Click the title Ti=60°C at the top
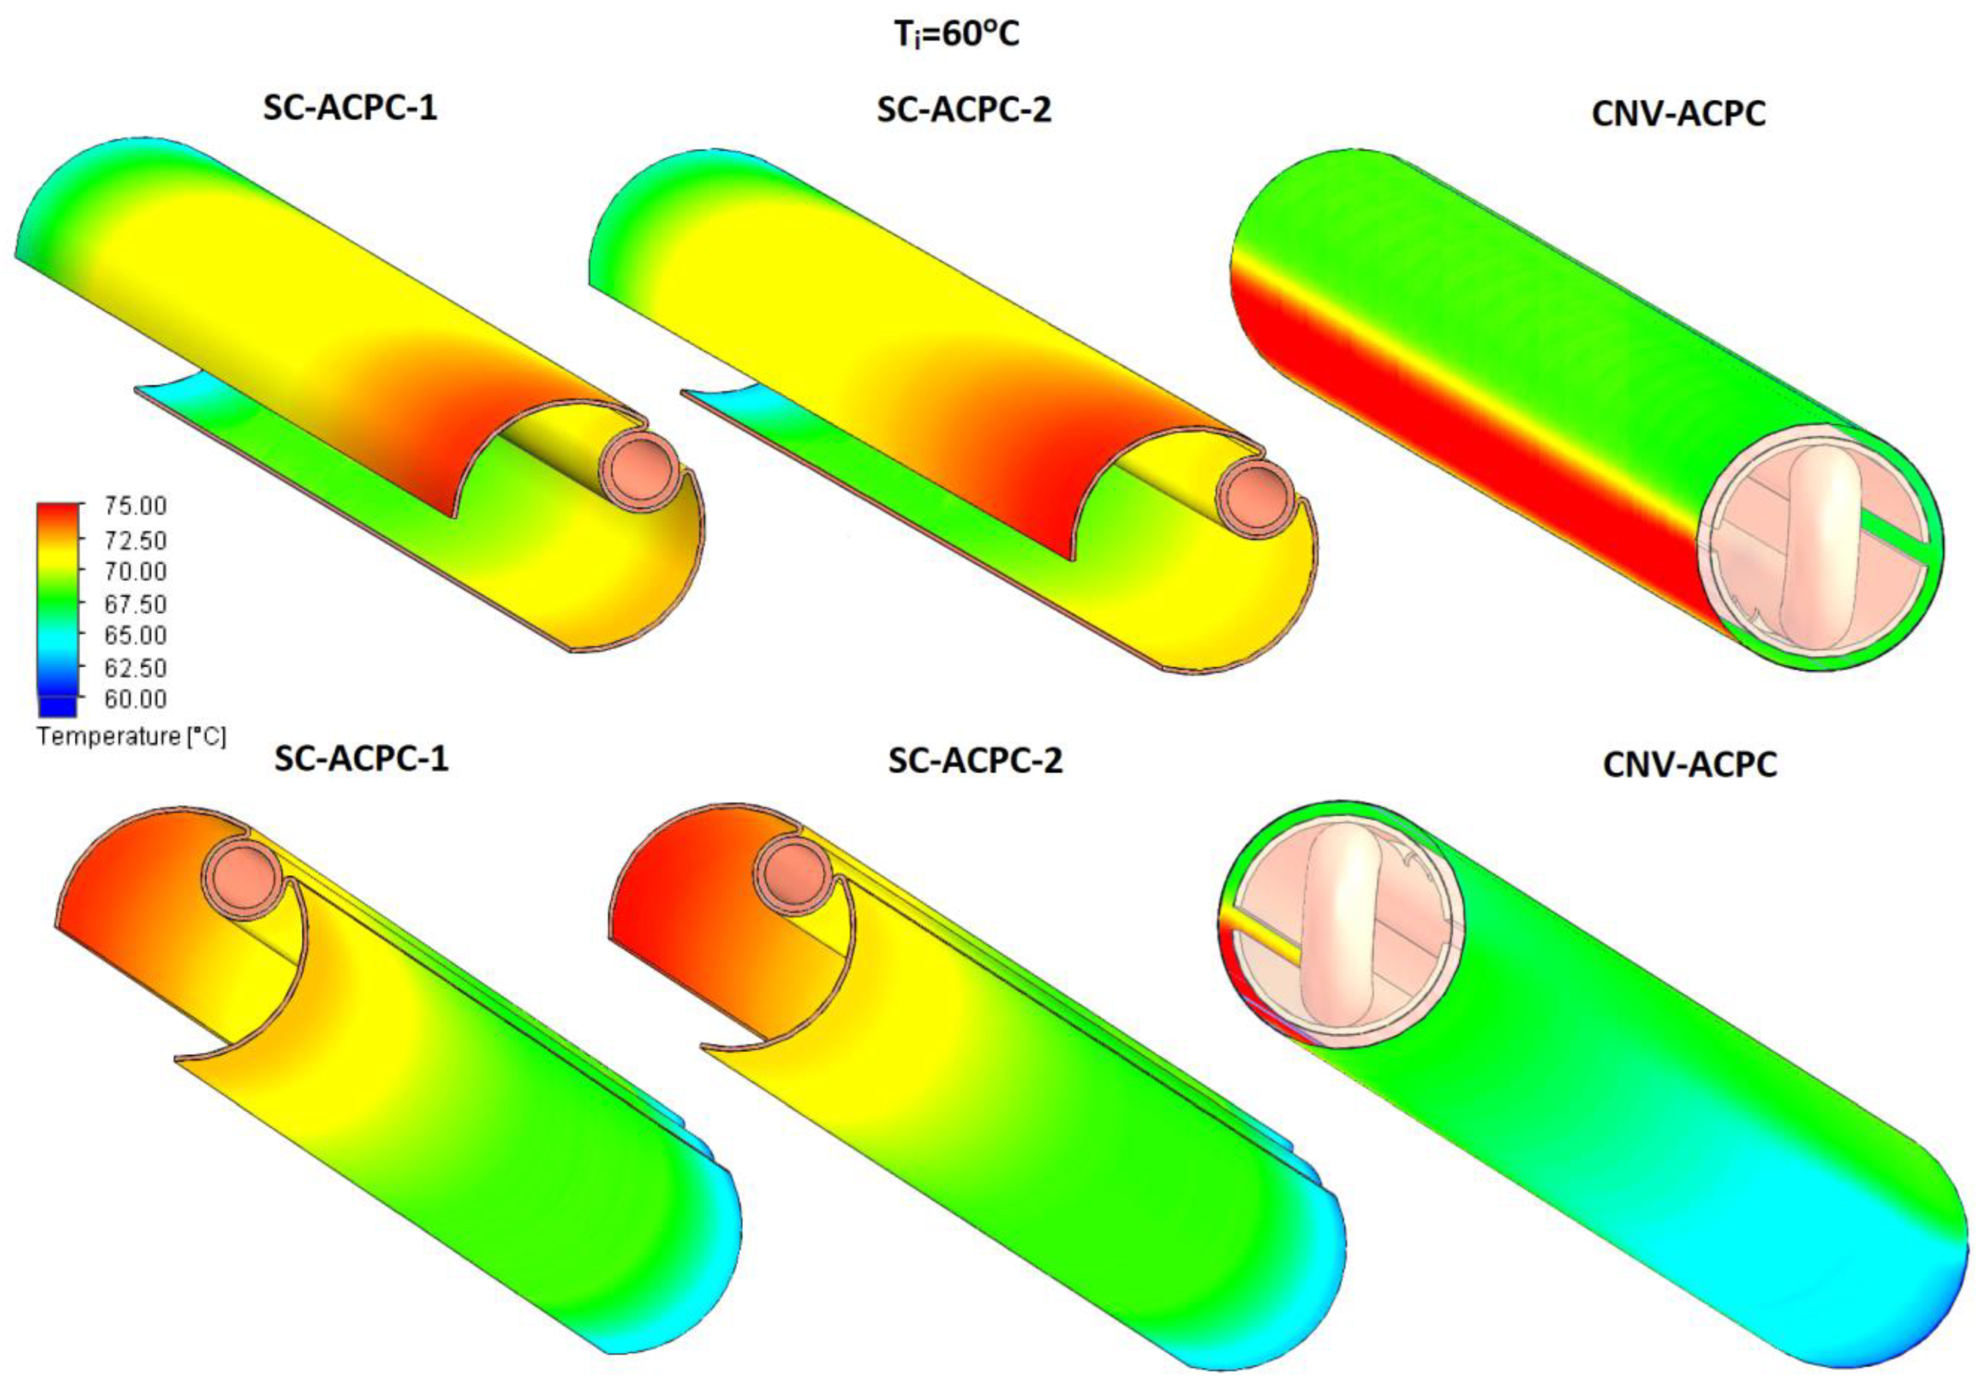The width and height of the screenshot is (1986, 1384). point(956,34)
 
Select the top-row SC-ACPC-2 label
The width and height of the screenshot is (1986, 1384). point(964,111)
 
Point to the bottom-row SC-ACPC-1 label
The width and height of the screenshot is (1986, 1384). point(362,759)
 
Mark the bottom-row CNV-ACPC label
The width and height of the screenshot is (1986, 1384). point(1689,765)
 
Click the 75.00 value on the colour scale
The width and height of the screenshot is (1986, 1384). point(136,506)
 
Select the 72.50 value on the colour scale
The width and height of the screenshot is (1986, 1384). point(136,540)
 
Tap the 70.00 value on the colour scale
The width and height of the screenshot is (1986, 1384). point(136,571)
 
